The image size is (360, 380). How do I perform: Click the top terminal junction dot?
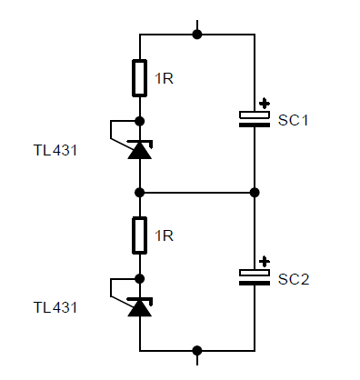pyautogui.click(x=197, y=35)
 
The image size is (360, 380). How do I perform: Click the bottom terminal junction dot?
pyautogui.click(x=197, y=350)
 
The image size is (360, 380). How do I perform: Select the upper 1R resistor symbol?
pyautogui.click(x=140, y=78)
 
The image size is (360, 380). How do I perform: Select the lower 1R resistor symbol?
pyautogui.click(x=140, y=235)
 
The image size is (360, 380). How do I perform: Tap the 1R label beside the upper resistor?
pyautogui.click(x=164, y=79)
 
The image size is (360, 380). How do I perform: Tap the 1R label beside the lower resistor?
pyautogui.click(x=164, y=236)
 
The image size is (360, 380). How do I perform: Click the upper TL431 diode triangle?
pyautogui.click(x=139, y=150)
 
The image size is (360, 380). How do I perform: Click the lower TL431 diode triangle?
pyautogui.click(x=139, y=308)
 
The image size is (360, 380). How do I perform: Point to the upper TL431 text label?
pyautogui.click(x=55, y=150)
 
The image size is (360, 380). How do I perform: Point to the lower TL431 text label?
pyautogui.click(x=55, y=307)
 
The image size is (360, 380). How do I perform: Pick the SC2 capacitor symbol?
pyautogui.click(x=255, y=277)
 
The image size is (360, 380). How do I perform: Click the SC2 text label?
pyautogui.click(x=294, y=279)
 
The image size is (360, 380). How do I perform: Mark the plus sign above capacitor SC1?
pyautogui.click(x=265, y=104)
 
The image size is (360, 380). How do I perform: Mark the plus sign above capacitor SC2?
pyautogui.click(x=265, y=261)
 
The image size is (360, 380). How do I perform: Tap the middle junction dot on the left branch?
pyautogui.click(x=140, y=193)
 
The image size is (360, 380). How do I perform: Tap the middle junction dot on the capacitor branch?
pyautogui.click(x=255, y=193)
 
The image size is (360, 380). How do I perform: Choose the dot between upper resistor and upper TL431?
pyautogui.click(x=140, y=120)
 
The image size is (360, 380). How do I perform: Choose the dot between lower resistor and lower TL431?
pyautogui.click(x=140, y=278)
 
